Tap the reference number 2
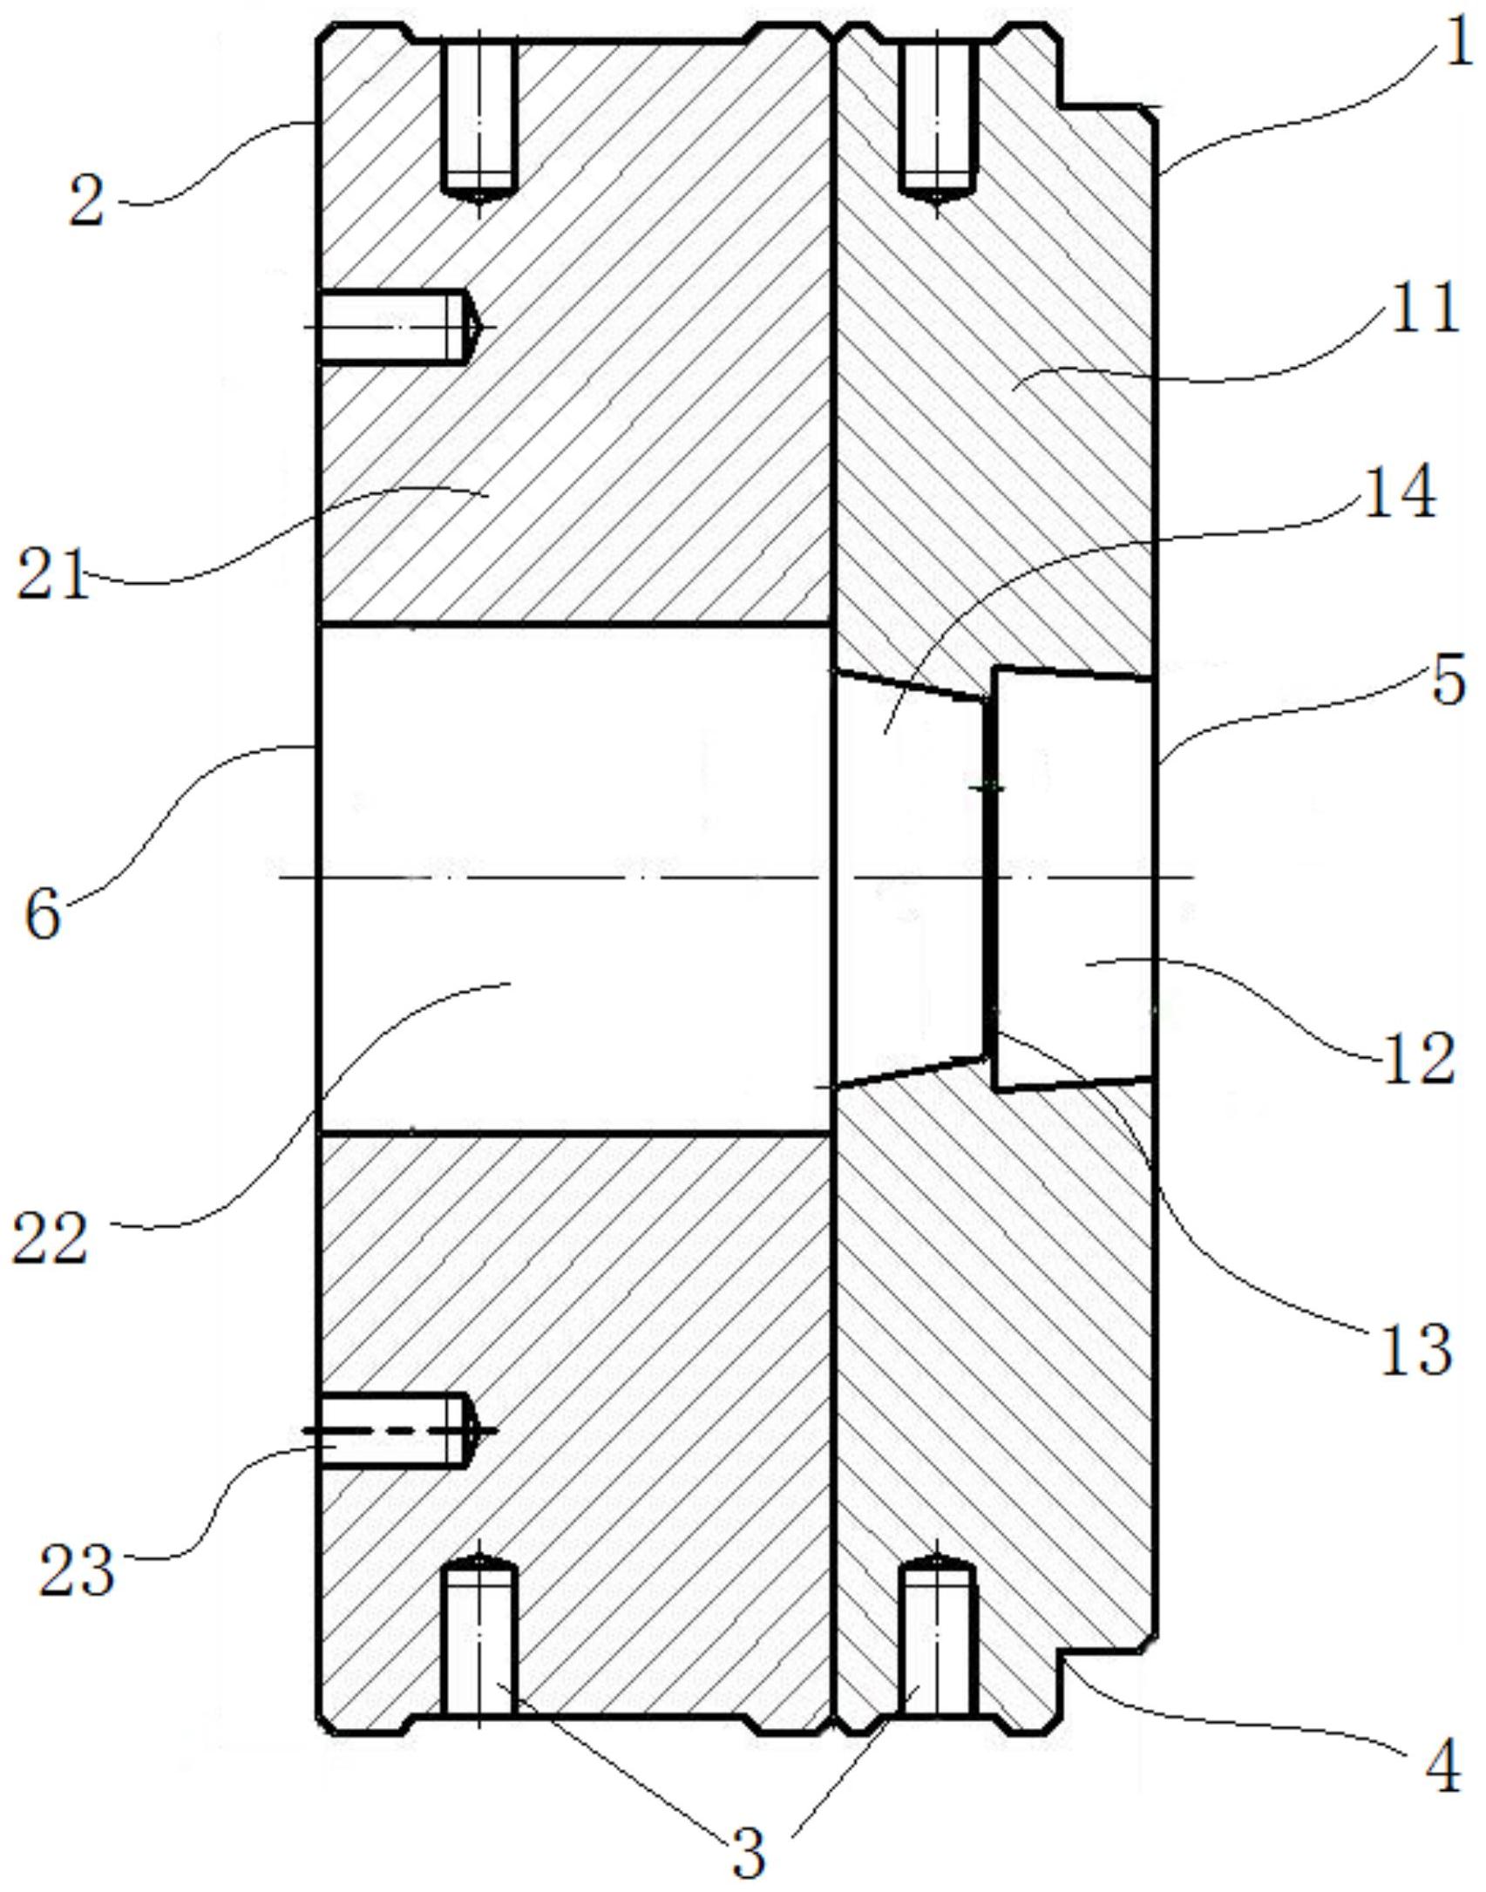(x=87, y=200)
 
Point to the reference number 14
(x=1399, y=492)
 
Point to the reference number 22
(x=50, y=1238)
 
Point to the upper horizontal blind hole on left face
(x=397, y=327)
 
